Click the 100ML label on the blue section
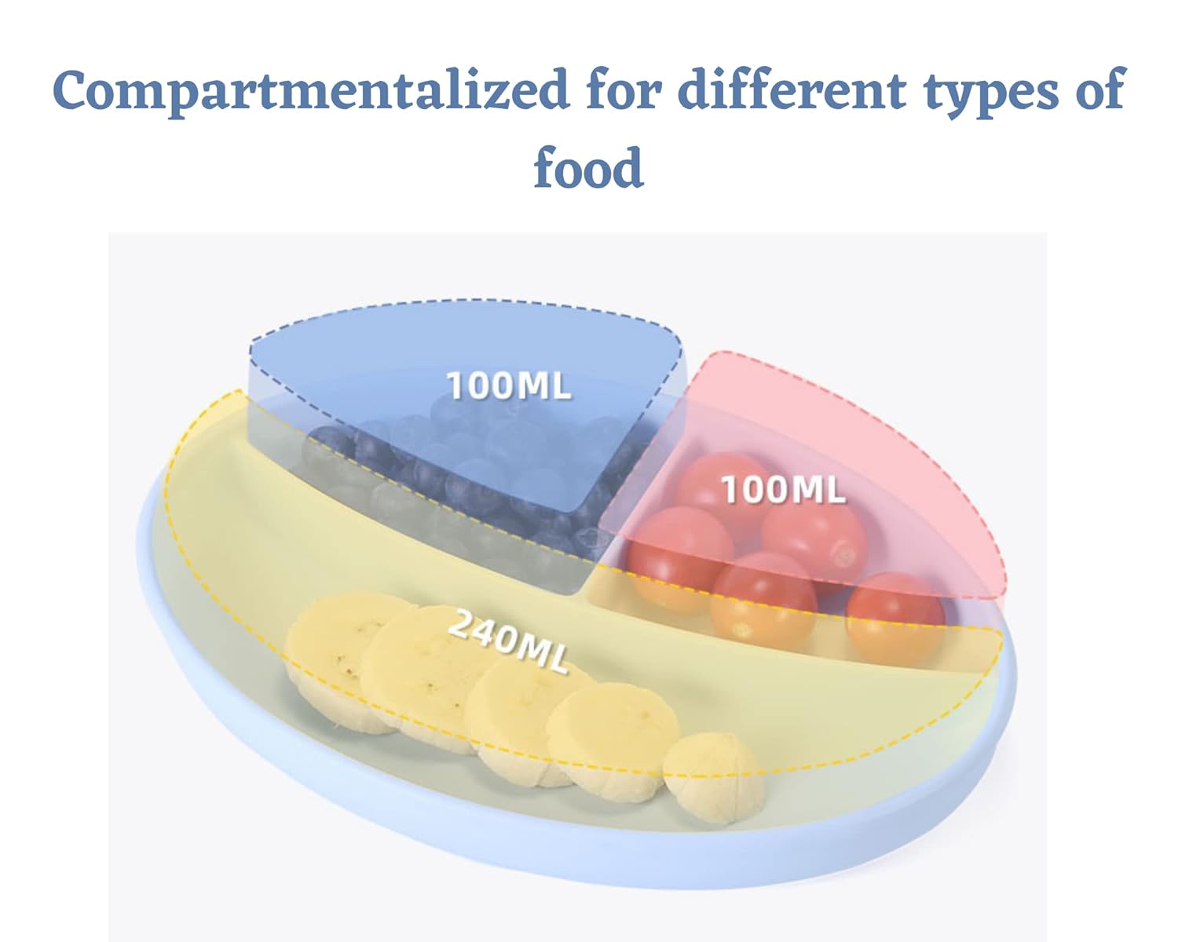tap(509, 385)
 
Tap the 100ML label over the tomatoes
tap(783, 489)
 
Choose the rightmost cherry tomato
tap(895, 619)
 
